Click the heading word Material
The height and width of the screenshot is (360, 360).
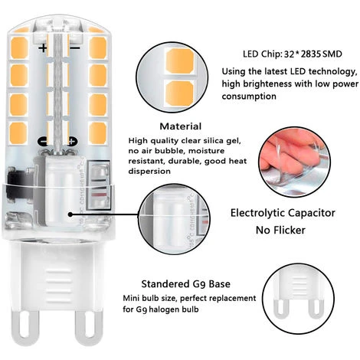181,126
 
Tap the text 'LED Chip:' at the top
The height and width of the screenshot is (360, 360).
262,54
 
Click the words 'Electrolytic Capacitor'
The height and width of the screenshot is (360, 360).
283,213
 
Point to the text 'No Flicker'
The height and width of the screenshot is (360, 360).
280,231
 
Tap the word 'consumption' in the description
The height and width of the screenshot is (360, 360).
249,97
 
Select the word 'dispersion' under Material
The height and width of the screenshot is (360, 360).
149,172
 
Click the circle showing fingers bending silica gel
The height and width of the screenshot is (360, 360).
294,162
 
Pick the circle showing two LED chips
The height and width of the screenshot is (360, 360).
172,77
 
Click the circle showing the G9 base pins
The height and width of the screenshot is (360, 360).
298,299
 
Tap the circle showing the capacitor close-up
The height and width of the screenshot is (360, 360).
175,219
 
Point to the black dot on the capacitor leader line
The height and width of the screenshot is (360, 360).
71,214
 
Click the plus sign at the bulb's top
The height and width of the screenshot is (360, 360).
43,48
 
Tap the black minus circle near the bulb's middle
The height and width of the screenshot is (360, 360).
43,141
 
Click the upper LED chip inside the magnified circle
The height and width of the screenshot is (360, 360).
179,61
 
